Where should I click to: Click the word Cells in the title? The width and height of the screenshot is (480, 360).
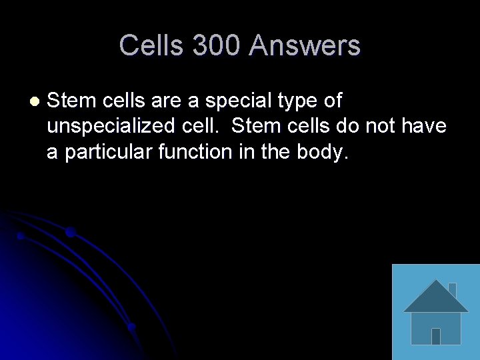tap(151, 46)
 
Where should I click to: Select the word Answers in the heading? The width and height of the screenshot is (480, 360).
tap(305, 46)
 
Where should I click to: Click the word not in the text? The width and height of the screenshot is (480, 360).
tap(379, 127)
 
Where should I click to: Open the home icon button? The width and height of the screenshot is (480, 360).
tap(436, 312)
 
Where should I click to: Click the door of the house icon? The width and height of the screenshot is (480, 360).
tap(436, 336)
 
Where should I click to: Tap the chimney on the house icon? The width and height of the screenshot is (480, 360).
tap(452, 290)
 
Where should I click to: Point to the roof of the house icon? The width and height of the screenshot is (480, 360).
tap(436, 297)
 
